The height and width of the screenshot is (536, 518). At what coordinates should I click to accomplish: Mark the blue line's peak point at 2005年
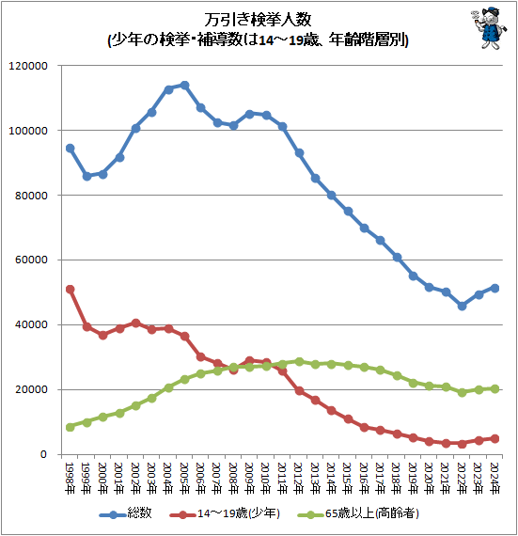tap(184, 86)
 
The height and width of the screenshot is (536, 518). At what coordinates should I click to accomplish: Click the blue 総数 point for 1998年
tap(70, 149)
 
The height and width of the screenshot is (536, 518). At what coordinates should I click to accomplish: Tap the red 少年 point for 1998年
tap(70, 290)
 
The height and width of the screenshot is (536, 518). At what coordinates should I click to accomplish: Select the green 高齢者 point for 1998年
tap(70, 427)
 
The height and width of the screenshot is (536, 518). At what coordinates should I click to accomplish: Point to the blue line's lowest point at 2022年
tap(462, 306)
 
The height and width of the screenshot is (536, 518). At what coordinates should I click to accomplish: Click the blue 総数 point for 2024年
tap(494, 288)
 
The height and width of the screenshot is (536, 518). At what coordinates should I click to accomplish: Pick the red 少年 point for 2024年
tap(494, 438)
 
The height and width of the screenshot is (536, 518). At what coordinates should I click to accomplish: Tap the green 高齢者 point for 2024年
tap(494, 388)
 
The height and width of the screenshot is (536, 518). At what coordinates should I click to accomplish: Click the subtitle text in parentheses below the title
tap(258, 40)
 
